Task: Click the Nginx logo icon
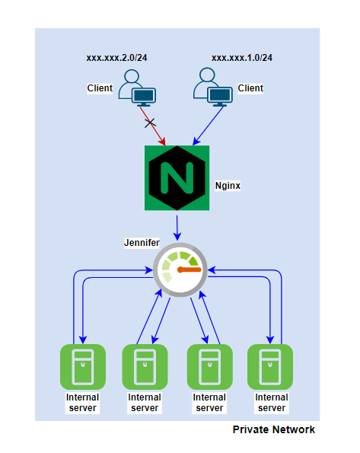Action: pos(177,178)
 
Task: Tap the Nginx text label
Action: pos(228,185)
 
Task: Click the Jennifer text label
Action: pos(143,242)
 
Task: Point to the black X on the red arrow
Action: pos(151,122)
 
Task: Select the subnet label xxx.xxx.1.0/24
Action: pos(241,58)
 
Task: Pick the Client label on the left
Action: pos(100,88)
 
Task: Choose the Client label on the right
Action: pos(250,88)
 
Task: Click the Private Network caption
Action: pos(273,429)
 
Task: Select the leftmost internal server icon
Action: pos(81,366)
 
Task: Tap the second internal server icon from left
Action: pos(145,366)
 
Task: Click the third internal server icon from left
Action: pos(209,366)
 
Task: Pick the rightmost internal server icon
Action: pos(270,366)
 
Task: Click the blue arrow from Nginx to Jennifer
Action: pos(177,227)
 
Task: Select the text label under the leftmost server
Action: pos(81,402)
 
